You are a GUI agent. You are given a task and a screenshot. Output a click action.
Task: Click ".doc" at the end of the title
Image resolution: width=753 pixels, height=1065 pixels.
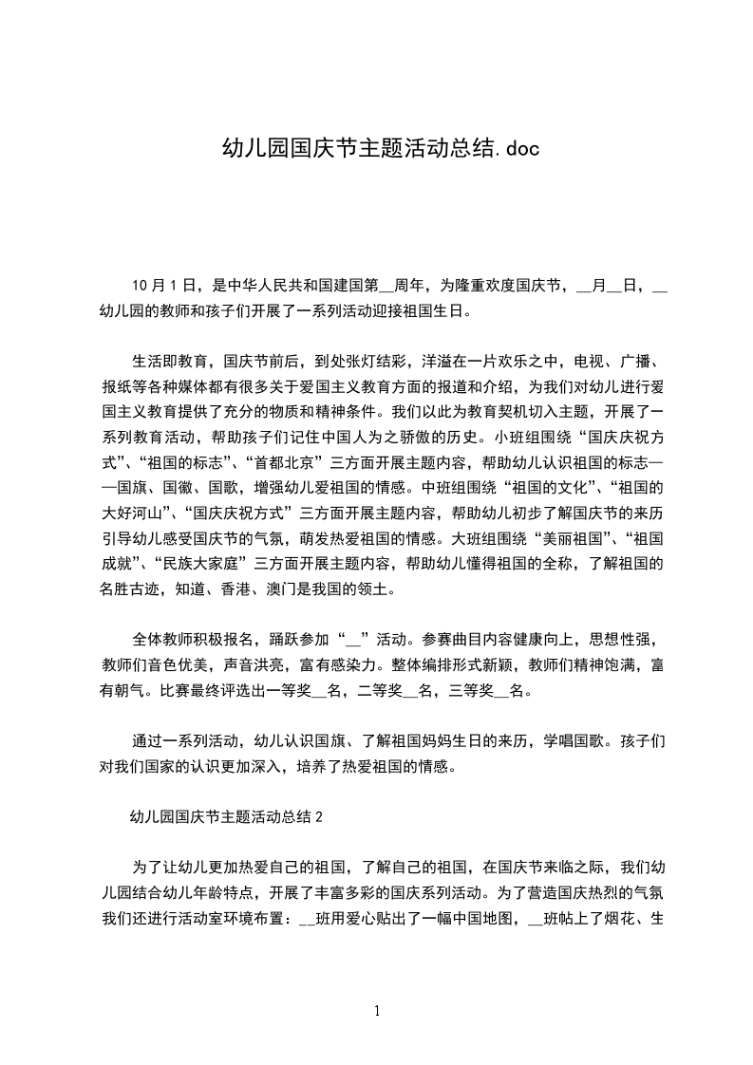pyautogui.click(x=518, y=148)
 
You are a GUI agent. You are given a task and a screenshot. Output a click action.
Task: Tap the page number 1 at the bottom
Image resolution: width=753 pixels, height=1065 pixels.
pyautogui.click(x=377, y=1011)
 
